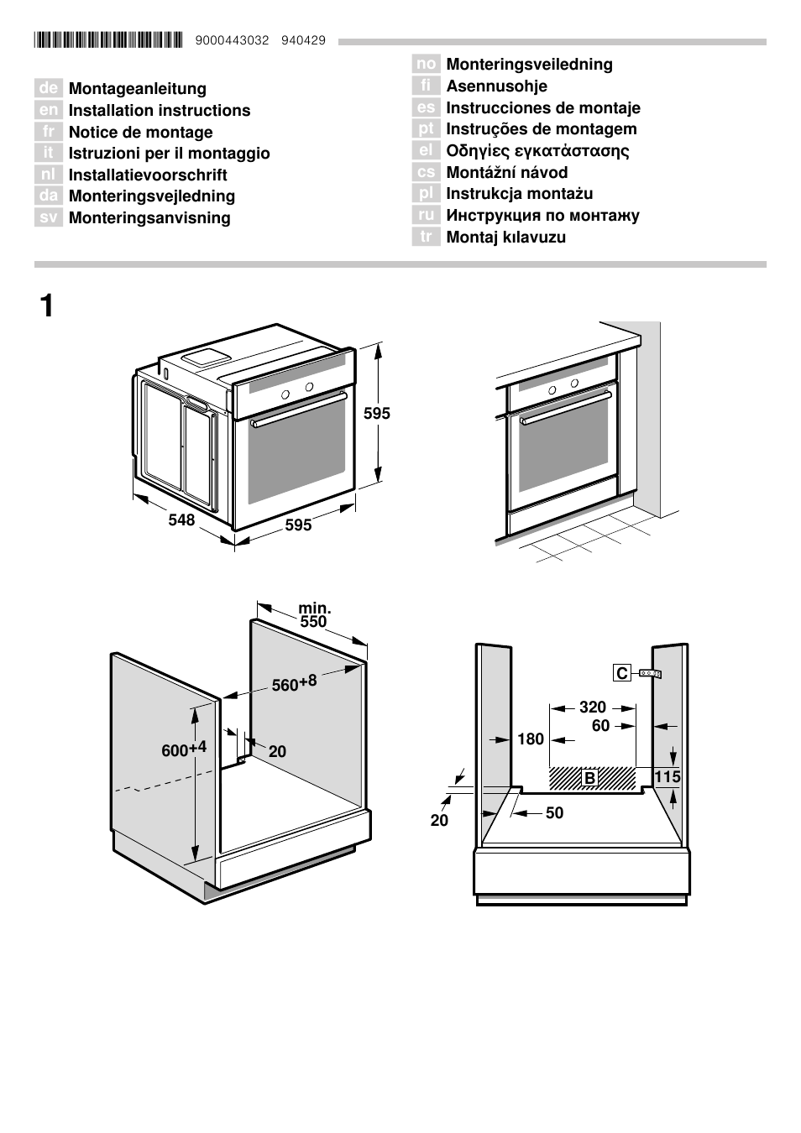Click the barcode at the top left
108,39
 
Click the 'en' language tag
49,110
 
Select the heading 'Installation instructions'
159,110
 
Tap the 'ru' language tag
426,215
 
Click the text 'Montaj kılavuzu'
505,237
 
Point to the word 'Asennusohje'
496,86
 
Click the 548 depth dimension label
181,520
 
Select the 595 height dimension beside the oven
376,413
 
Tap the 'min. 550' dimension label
313,615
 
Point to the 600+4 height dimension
183,749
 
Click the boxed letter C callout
621,673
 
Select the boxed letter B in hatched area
589,778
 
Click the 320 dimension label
592,707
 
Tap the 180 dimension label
531,739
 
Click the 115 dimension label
667,776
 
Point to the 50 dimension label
554,812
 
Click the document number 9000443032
232,40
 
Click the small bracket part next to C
650,673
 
